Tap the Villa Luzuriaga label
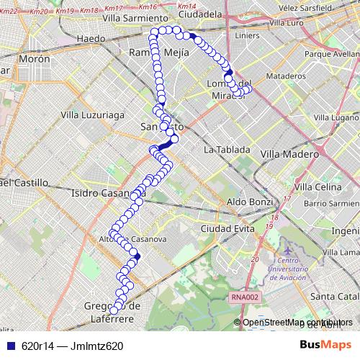pos(94,114)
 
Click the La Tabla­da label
pos(227,150)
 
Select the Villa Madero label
pos(284,153)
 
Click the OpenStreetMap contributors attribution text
pos(298,322)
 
